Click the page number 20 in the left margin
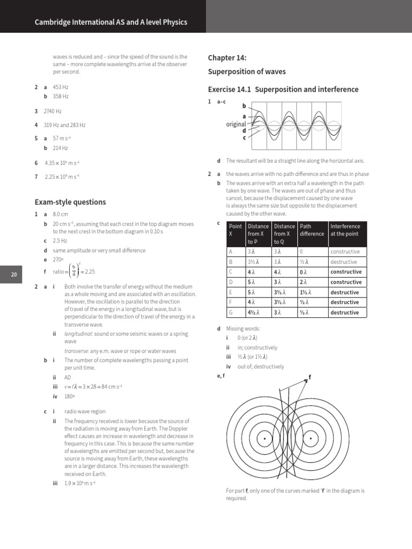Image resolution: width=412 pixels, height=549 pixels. [x=14, y=274]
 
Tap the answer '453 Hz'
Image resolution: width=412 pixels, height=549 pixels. [x=61, y=86]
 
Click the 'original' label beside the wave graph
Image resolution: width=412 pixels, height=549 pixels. [x=236, y=124]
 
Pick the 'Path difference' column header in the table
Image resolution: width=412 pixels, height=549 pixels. [x=312, y=230]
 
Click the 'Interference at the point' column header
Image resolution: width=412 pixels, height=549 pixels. [x=346, y=230]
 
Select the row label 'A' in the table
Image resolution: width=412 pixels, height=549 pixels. [x=231, y=251]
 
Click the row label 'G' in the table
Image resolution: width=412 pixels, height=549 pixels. [x=231, y=313]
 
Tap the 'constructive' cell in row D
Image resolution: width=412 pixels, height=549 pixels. [x=346, y=282]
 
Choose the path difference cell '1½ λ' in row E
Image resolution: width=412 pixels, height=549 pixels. [x=307, y=292]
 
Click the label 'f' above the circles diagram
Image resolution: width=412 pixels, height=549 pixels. [x=310, y=378]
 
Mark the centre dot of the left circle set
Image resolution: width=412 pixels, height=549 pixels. [x=264, y=440]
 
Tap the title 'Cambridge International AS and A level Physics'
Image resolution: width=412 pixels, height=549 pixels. [x=111, y=23]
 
